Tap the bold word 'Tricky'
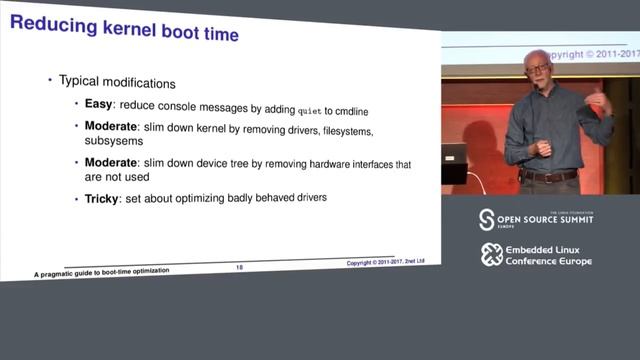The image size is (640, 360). pyautogui.click(x=102, y=198)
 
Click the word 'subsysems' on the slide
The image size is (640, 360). pyautogui.click(x=113, y=141)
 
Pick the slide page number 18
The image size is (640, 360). pyautogui.click(x=239, y=266)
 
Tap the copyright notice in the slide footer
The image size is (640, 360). pyautogui.click(x=386, y=262)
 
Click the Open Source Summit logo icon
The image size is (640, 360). pyautogui.click(x=487, y=219)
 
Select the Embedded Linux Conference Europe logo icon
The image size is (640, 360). pyautogui.click(x=491, y=254)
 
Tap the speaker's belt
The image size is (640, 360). pyautogui.click(x=548, y=176)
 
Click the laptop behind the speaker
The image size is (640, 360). pyautogui.click(x=454, y=161)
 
